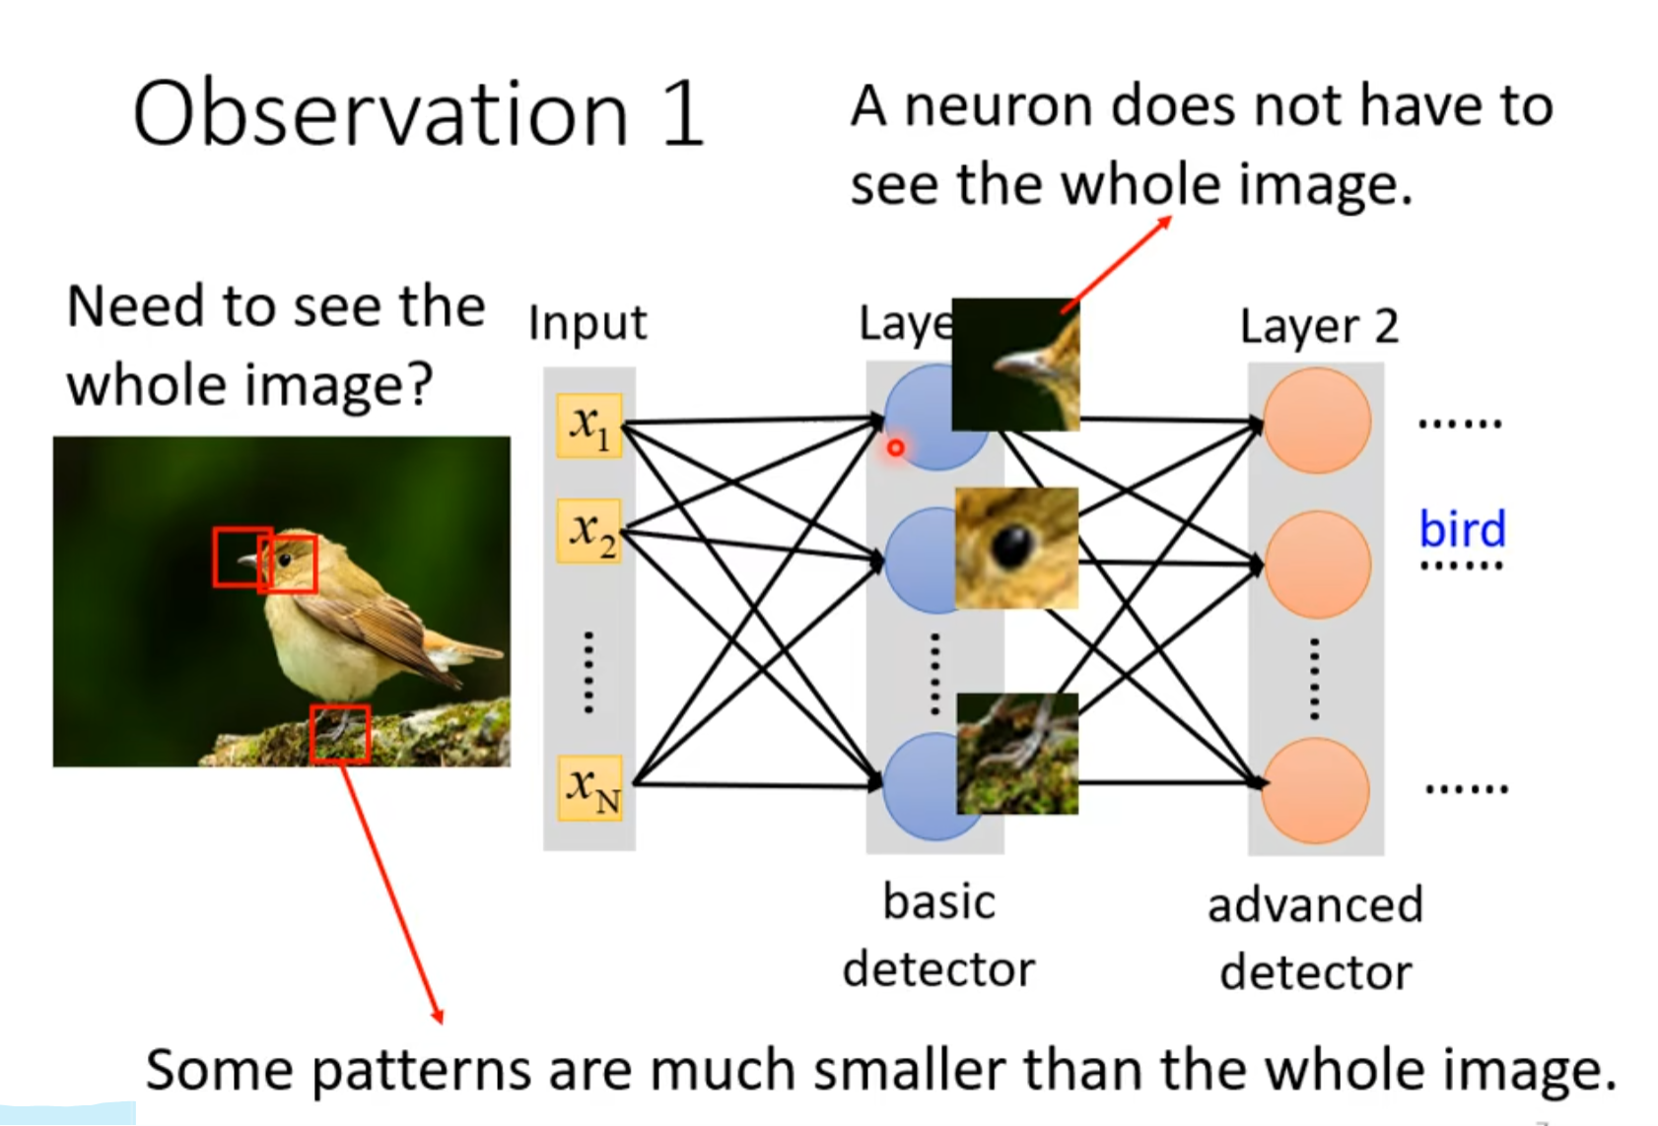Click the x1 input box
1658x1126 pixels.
(589, 426)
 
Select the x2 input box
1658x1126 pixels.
(589, 531)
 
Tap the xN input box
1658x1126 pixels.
(589, 788)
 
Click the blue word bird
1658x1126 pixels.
(1462, 529)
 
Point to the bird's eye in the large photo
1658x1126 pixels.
(285, 560)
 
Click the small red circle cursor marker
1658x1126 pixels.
(895, 448)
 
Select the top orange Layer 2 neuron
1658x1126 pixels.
(1317, 421)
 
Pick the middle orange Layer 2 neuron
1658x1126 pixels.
(1317, 564)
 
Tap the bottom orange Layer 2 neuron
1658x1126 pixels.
(1317, 790)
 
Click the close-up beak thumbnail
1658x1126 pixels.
(1015, 364)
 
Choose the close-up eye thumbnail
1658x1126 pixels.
(1016, 548)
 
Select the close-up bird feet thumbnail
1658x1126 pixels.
(1017, 754)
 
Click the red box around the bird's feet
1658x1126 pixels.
(340, 734)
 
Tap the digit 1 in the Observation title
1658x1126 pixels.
(682, 115)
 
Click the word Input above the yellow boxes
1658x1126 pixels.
(587, 323)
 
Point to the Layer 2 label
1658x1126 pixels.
(1319, 326)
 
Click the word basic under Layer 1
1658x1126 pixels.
(938, 902)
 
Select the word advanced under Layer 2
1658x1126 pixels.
(1315, 905)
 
